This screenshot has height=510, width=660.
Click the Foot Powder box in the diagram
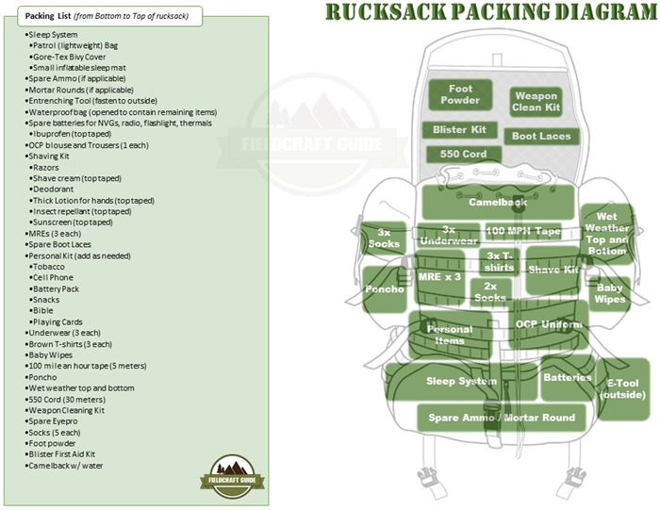tap(459, 93)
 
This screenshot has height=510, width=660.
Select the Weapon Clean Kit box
tap(536, 102)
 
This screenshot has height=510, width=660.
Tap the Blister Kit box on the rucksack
tap(459, 129)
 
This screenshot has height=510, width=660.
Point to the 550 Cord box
tap(463, 154)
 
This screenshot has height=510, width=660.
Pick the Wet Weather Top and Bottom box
tap(606, 234)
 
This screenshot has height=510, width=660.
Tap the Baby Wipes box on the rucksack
tap(609, 293)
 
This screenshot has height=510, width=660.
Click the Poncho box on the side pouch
tap(384, 289)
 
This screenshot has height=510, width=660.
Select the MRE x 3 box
tap(439, 277)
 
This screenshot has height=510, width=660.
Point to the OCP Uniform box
tap(551, 323)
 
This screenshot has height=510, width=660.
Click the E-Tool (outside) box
tap(624, 387)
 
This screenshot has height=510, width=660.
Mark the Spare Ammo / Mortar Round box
tap(502, 417)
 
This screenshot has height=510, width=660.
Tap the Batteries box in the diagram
tap(567, 378)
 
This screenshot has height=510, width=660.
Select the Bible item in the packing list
tap(42, 310)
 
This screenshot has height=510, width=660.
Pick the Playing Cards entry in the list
tap(57, 321)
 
